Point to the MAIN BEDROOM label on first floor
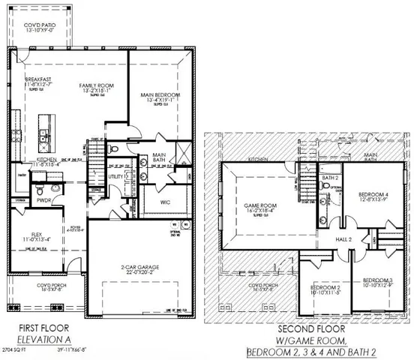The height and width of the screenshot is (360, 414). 157,95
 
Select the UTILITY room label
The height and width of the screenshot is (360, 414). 114,176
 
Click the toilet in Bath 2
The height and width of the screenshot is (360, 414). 326,220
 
